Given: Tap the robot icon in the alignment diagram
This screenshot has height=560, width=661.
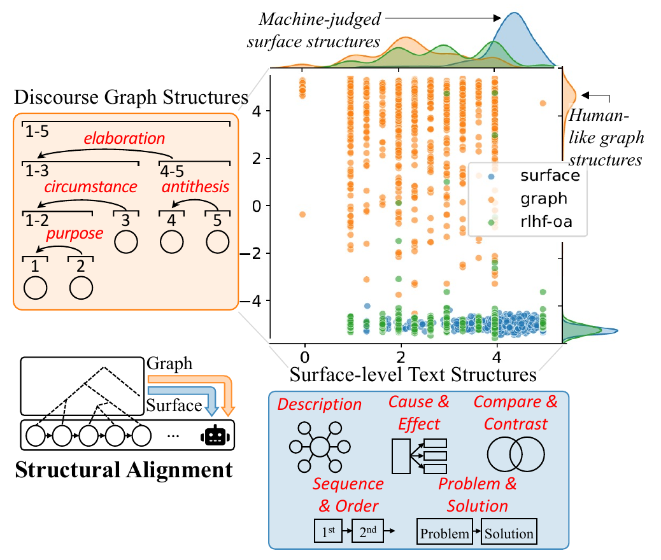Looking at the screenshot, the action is point(215,436).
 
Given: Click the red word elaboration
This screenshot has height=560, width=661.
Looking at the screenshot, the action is point(124,138).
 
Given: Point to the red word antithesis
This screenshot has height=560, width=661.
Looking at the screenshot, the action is point(195,186).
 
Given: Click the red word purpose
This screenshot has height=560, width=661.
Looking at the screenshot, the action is point(75,234).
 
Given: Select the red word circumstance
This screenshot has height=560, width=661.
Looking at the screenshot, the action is point(90,186).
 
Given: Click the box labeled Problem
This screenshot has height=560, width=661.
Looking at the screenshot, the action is point(444,531).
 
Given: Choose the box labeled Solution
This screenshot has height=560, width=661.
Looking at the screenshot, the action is point(509,531).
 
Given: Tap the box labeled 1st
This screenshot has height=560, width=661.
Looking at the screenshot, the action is point(328,531).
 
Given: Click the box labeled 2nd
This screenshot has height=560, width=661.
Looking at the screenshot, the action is point(367,531).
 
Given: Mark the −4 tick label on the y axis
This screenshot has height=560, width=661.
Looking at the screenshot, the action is point(252,301).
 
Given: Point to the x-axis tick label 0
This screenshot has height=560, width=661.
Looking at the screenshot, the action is point(304,358).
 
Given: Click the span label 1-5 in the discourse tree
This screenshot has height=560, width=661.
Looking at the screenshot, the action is point(37,132).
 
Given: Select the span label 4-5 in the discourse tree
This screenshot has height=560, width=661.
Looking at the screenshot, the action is point(172,171).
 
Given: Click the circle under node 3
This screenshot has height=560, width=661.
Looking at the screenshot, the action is point(126,242).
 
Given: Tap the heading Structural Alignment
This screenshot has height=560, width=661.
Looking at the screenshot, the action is point(124,470).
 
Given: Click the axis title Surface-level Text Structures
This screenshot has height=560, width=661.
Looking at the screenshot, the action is point(413,374).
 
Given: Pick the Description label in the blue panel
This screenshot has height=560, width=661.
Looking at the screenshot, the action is point(319,405).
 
